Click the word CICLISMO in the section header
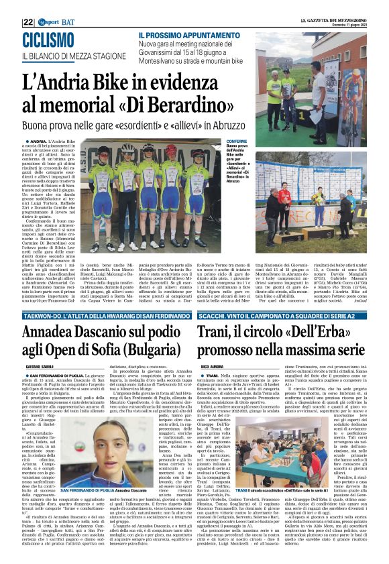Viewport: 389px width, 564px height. [x=50, y=40]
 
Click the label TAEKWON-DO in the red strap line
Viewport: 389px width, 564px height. [x=44, y=317]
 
